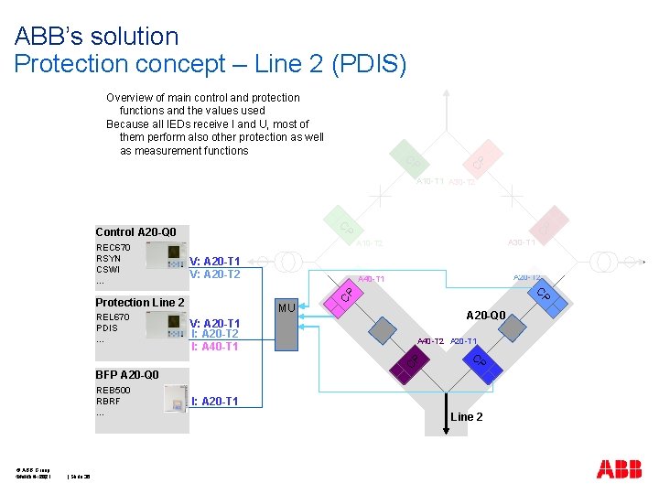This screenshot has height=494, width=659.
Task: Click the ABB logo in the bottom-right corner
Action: click(619, 469)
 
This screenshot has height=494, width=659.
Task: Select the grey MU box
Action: click(286, 325)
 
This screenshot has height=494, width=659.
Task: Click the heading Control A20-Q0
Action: click(135, 232)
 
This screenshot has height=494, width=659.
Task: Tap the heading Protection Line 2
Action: click(140, 303)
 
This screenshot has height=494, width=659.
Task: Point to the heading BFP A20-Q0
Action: click(127, 374)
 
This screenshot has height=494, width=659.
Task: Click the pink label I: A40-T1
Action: click(215, 347)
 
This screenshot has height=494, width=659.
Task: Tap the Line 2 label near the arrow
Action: click(467, 417)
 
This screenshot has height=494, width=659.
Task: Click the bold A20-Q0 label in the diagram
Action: click(486, 316)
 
